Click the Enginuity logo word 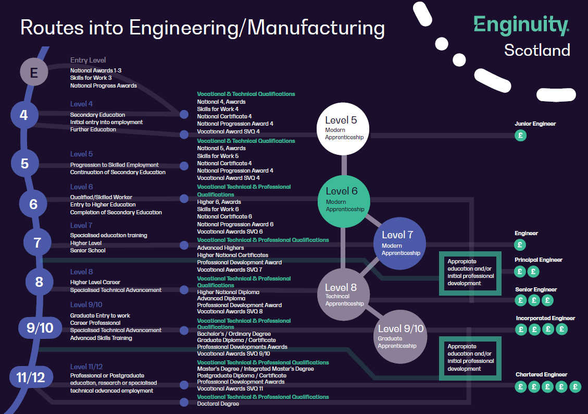pos(520,25)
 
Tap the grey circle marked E pos(34,72)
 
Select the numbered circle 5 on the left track pos(25,164)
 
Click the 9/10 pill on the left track pos(40,327)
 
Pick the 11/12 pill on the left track pos(32,377)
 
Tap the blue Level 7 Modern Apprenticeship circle pos(399,243)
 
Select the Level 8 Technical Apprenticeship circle pos(344,294)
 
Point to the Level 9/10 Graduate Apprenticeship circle pos(400,336)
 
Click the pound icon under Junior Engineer pos(520,136)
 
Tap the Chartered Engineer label pos(541,374)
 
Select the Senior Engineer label pos(536,289)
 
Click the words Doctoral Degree pos(218,404)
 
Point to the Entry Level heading pos(88,60)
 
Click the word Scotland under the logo pos(537,50)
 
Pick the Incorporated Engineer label pos(545,318)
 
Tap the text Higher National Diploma pos(228,292)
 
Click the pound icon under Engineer pos(520,245)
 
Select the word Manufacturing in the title pos(316,28)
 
